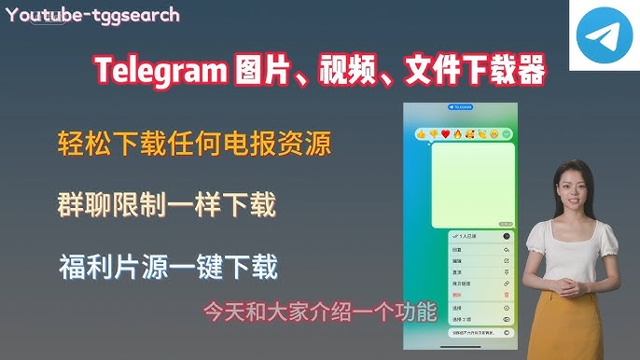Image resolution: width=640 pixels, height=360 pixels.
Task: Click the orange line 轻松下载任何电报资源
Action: point(193,145)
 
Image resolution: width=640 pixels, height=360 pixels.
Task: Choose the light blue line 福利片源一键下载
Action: point(167,267)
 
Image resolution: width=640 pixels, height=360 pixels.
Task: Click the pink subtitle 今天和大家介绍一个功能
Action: point(319,312)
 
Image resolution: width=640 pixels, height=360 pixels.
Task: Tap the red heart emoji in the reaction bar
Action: point(445,134)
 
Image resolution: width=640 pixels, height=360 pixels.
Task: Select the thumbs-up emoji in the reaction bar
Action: point(422,134)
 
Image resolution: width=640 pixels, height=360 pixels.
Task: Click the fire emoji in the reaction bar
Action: point(457,134)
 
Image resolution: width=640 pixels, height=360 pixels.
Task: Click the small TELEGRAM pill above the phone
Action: point(461,107)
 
